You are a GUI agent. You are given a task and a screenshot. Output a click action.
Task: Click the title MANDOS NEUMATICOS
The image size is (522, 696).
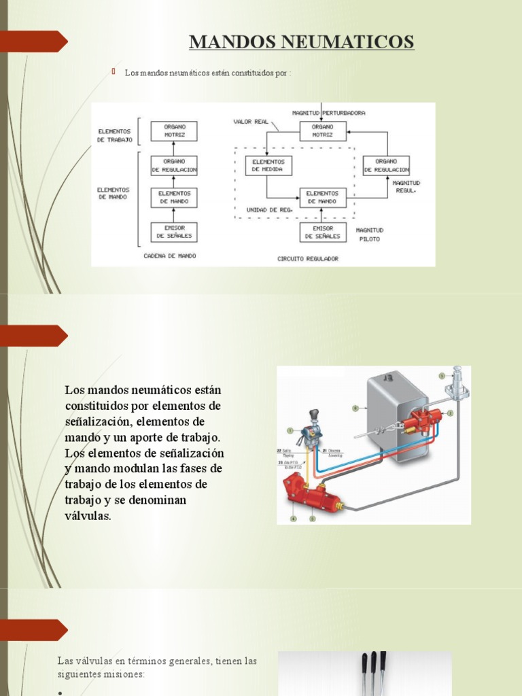[x=301, y=42]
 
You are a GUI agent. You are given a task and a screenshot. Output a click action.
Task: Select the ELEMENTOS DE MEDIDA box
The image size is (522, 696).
[x=268, y=165]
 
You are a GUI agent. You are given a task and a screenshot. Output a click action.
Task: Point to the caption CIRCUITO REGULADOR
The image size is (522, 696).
[x=307, y=258]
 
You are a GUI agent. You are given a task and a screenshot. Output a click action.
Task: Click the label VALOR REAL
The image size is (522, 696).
[x=247, y=122]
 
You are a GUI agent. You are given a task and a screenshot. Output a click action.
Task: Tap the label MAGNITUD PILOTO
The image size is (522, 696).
[x=370, y=234]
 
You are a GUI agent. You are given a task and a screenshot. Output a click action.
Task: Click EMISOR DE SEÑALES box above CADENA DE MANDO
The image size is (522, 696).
[x=174, y=232]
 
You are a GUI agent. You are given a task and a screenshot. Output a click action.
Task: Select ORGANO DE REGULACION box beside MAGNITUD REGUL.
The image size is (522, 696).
[x=386, y=165]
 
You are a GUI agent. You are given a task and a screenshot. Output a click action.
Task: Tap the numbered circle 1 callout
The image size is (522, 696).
[x=290, y=430]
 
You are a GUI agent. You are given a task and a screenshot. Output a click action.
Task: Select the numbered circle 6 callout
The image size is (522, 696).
[x=355, y=408]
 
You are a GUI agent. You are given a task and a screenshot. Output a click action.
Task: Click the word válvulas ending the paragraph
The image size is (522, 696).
[x=88, y=516]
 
